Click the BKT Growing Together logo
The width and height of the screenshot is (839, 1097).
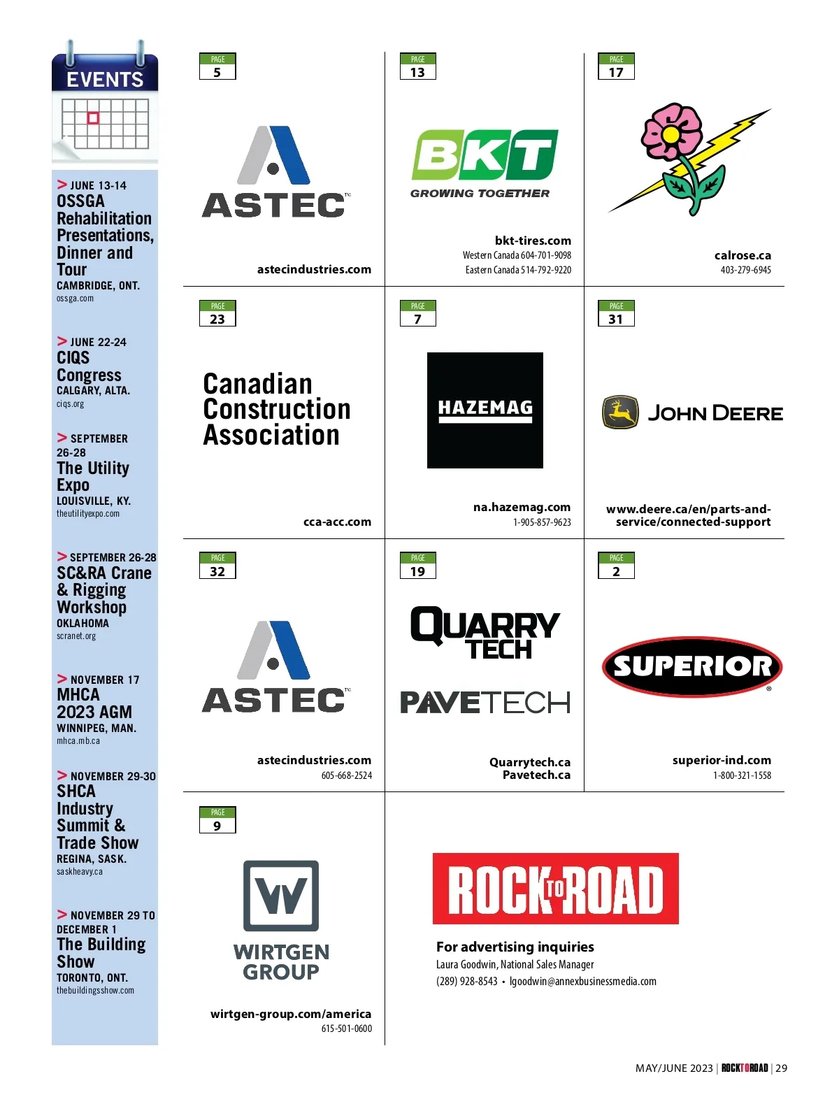point(484,162)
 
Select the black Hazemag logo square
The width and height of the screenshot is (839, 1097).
point(485,410)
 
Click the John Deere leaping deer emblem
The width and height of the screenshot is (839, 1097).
point(620,413)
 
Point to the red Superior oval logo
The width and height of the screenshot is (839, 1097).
point(691,666)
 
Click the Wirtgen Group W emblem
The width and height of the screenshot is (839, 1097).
point(281,895)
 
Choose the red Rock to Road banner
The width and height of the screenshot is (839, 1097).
point(555,888)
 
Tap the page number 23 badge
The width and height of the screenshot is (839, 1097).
point(217,313)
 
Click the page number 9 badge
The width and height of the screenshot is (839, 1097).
point(217,819)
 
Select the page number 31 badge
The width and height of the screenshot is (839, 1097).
point(616,313)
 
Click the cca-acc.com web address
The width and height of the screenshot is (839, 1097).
point(337,522)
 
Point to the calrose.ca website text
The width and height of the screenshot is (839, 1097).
point(743,255)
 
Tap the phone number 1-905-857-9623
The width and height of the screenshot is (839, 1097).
point(542,522)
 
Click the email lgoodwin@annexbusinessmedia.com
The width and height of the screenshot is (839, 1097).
point(583,981)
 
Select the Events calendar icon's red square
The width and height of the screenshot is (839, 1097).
point(93,118)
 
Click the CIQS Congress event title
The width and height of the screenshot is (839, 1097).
point(89,366)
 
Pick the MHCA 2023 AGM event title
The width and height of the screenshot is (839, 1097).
point(94,703)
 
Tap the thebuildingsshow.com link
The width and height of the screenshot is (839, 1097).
point(95,990)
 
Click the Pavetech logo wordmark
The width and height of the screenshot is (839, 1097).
point(485,702)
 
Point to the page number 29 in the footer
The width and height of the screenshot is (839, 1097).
point(782,1068)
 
